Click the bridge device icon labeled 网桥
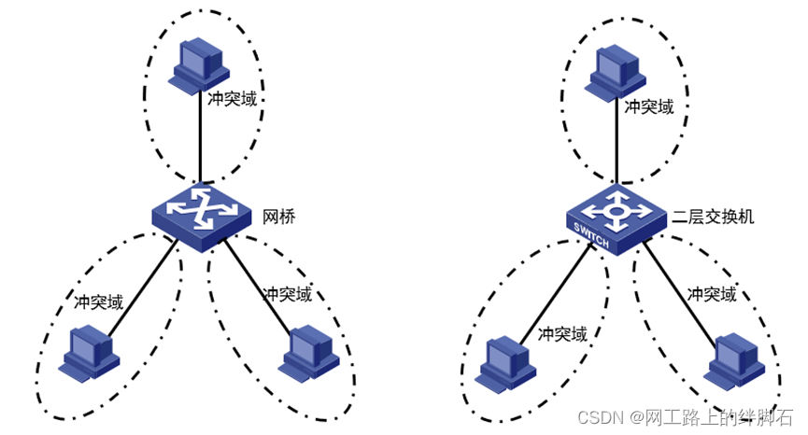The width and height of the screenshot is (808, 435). (x=202, y=214)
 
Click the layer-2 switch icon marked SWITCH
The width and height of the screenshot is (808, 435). (x=616, y=217)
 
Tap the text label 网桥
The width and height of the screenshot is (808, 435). (x=279, y=217)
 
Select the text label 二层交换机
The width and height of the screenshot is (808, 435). (x=713, y=217)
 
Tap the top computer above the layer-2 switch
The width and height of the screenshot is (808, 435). (x=613, y=70)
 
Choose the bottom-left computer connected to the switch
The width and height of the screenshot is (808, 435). (x=504, y=363)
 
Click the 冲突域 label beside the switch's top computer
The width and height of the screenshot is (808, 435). (x=648, y=106)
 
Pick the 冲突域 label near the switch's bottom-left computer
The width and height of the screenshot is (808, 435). (x=563, y=334)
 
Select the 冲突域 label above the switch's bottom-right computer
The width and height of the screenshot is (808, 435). (x=712, y=294)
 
